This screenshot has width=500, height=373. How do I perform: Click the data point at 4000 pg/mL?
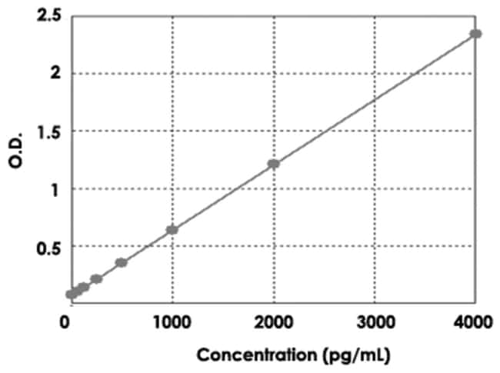coord(476,34)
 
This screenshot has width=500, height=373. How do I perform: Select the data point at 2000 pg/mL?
coord(273,164)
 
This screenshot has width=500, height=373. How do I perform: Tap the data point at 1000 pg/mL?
coord(172,230)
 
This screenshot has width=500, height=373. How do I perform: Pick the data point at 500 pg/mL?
coord(121,262)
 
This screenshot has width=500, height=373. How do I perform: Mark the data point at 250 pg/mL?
coord(96,278)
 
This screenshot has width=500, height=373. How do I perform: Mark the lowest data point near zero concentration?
coord(72,294)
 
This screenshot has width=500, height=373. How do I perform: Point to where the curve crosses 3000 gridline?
coord(375,98)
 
